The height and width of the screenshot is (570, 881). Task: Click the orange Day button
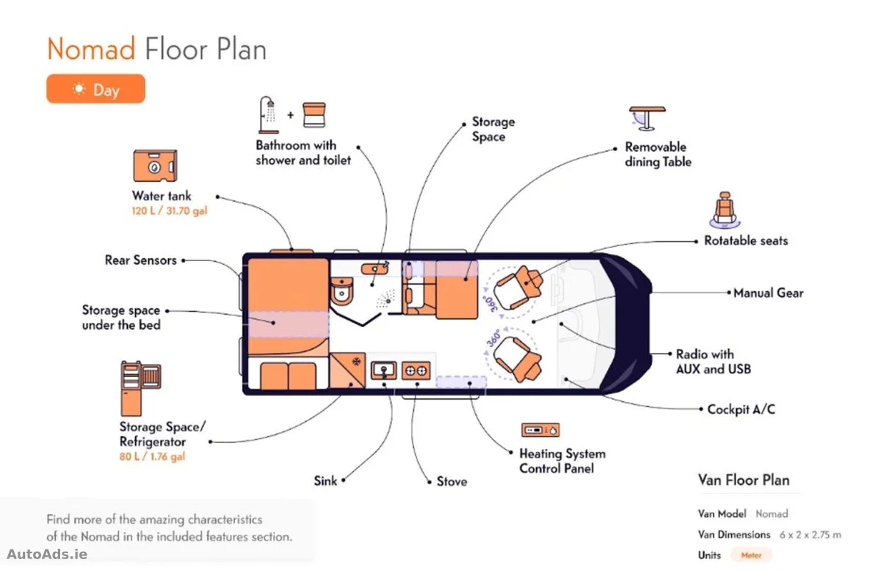point(95,89)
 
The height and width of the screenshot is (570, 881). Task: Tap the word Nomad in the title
point(91,49)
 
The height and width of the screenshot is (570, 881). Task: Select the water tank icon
point(155,166)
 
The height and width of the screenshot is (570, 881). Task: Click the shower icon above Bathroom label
point(269,114)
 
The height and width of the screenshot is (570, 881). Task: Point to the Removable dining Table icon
point(648,118)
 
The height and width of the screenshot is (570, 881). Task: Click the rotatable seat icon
point(725,210)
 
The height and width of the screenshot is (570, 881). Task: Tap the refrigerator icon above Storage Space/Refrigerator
point(141,388)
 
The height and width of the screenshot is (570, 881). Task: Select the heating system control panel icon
point(540,430)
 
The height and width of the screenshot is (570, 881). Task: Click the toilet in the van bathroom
point(341,291)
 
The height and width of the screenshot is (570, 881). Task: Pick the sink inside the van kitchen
point(383,370)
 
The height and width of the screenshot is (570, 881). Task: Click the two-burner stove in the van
point(416,370)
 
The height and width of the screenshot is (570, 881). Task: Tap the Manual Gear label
point(768,293)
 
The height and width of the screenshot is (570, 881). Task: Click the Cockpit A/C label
point(741,409)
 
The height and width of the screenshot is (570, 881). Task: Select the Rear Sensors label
point(140,260)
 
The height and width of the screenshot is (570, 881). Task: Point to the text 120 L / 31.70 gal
point(169,211)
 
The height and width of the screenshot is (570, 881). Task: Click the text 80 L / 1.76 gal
point(152,456)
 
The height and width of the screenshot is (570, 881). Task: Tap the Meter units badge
point(751,555)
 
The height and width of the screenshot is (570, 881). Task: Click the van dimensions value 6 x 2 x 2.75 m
point(811,535)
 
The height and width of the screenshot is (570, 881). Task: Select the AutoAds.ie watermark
point(47,554)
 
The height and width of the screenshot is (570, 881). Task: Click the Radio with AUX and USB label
point(714,362)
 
